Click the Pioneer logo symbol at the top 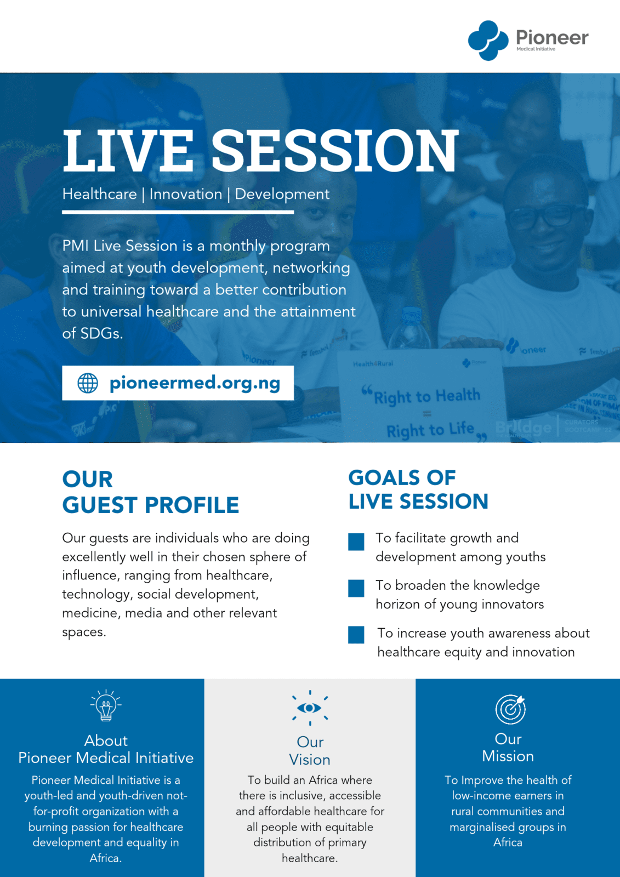[488, 41]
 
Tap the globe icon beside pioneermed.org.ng [88, 383]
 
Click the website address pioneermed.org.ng [195, 383]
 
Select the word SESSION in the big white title [335, 151]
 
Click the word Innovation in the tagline [186, 194]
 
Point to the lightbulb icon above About [106, 705]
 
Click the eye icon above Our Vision [310, 708]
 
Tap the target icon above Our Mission [510, 709]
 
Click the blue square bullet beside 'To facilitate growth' [356, 542]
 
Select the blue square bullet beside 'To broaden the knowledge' [356, 589]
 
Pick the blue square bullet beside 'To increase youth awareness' [356, 635]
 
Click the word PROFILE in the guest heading [192, 505]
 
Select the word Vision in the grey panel [310, 760]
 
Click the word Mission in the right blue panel [508, 756]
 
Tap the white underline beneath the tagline [178, 212]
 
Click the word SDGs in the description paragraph [101, 333]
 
